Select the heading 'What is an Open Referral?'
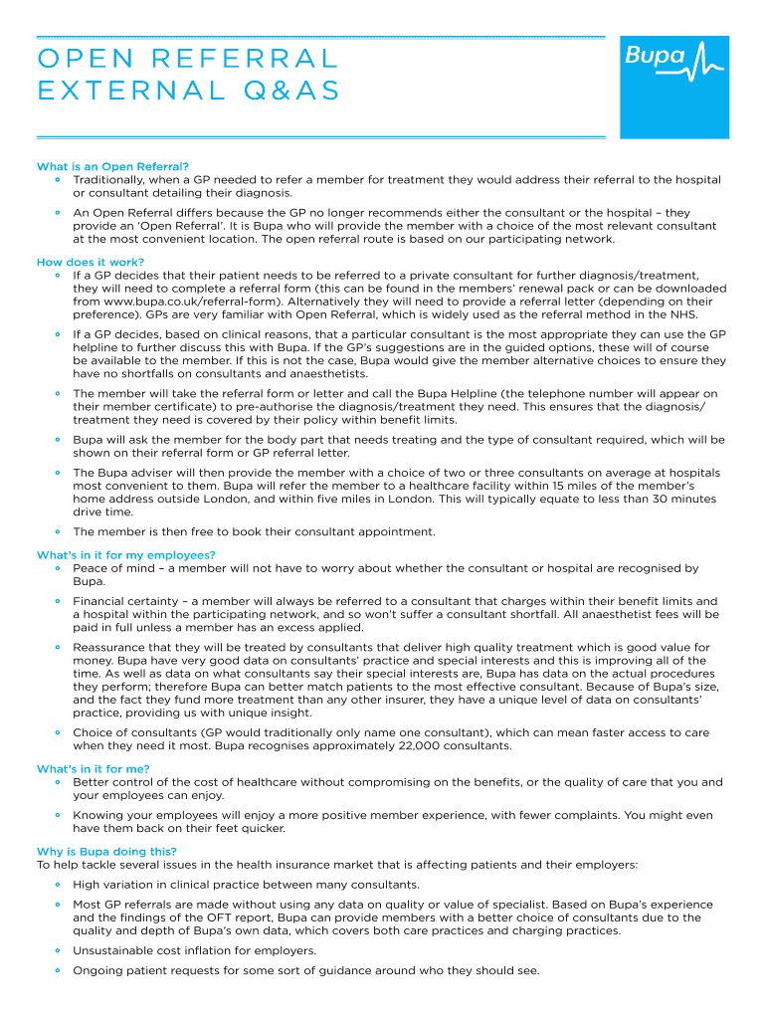tap(112, 166)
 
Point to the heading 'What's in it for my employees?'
tap(126, 555)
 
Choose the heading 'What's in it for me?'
tap(94, 769)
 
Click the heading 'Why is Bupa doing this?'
tap(107, 852)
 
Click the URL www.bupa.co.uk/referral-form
tap(176, 301)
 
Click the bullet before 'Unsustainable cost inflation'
tap(59, 950)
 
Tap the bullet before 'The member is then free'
tap(59, 531)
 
